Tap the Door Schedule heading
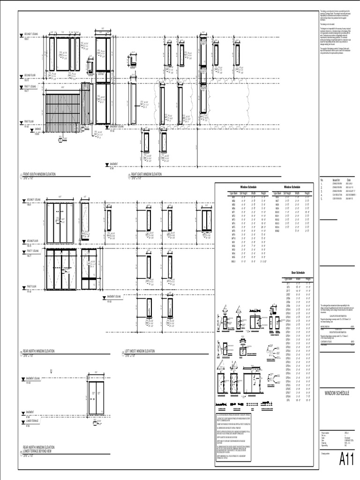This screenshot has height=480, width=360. [298, 272]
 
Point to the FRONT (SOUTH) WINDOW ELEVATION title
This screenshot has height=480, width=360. [39, 174]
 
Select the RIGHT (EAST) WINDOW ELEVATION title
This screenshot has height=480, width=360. [144, 174]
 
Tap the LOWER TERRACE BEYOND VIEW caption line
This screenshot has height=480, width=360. [41, 451]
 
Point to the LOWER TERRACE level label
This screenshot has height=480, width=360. [32, 421]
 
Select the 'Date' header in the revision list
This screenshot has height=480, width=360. [349, 180]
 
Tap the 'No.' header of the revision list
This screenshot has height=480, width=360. [322, 180]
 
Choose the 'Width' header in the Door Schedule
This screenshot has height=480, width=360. [298, 278]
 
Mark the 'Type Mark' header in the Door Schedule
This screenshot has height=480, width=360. [286, 278]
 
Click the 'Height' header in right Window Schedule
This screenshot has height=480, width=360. [307, 193]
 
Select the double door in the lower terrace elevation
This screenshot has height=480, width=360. [96, 397]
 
